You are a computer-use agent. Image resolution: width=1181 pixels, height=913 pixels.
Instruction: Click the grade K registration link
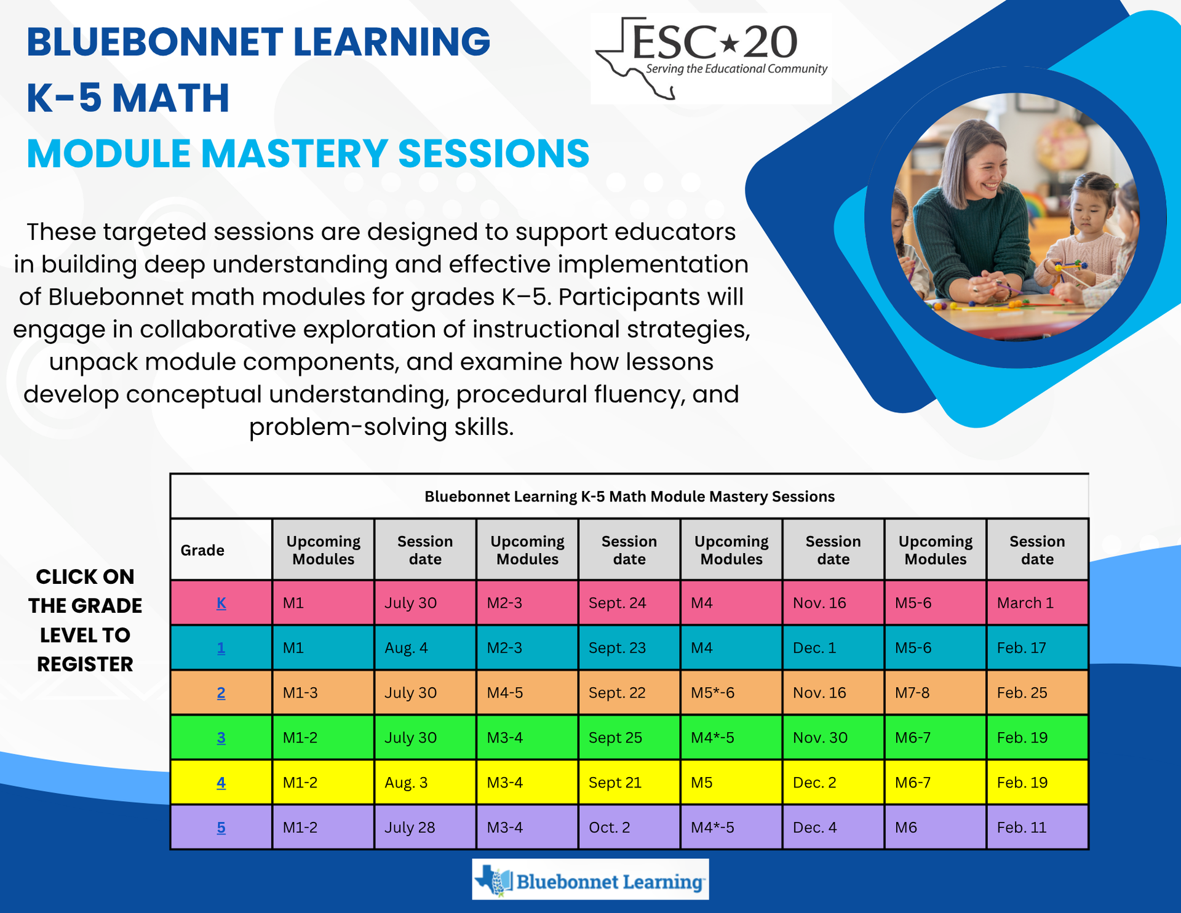coord(221,603)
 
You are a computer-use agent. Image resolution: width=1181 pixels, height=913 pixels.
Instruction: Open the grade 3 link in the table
coord(221,738)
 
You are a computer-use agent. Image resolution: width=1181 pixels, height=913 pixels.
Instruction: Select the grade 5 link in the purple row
coord(221,827)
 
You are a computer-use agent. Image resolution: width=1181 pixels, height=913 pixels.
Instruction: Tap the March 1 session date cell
coord(1038,603)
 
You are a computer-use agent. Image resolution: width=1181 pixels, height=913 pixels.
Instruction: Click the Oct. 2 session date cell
coord(629,827)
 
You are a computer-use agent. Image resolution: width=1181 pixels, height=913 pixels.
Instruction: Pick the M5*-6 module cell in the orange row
coord(731,693)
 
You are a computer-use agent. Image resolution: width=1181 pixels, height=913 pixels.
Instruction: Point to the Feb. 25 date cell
coord(1038,693)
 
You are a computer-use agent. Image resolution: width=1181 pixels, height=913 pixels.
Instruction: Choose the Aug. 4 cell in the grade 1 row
coord(425,648)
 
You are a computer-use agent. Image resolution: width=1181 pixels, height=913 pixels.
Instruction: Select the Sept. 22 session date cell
coord(629,693)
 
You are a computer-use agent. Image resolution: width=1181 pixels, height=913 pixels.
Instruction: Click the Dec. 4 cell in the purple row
coord(833,827)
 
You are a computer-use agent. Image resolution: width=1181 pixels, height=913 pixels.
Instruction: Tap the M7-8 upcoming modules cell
coord(936,693)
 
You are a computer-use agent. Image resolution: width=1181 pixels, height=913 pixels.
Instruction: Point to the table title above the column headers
coord(629,496)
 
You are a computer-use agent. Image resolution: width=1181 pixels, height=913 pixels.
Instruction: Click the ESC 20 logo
coord(711,59)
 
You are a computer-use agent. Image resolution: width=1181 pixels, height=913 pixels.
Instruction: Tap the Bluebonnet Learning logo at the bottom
coord(590,880)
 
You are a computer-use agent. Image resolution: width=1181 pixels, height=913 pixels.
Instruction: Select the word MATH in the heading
coord(171,98)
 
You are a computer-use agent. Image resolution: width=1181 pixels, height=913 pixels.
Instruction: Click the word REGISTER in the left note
coord(85,664)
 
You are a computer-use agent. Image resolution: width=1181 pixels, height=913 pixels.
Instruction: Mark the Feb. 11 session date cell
coord(1038,827)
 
